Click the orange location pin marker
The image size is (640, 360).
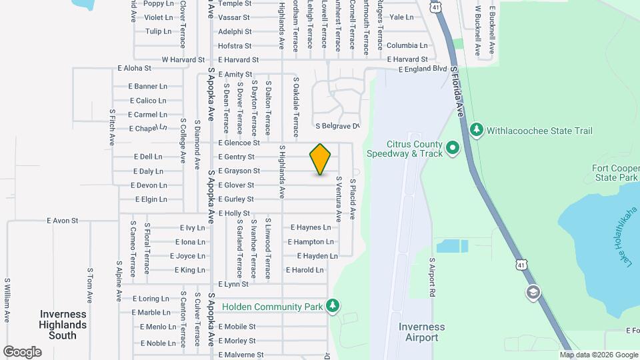tap(321, 159)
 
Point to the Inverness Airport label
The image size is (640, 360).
tap(421, 332)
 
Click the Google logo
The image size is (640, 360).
tap(22, 352)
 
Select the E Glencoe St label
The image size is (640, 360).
tap(239, 143)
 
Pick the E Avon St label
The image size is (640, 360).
tap(63, 220)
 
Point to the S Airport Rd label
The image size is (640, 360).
tap(432, 277)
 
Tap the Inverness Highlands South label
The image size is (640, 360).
tap(63, 325)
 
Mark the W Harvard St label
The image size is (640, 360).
tap(183, 59)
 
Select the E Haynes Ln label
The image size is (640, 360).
tap(311, 227)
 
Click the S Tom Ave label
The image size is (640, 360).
tap(89, 286)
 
